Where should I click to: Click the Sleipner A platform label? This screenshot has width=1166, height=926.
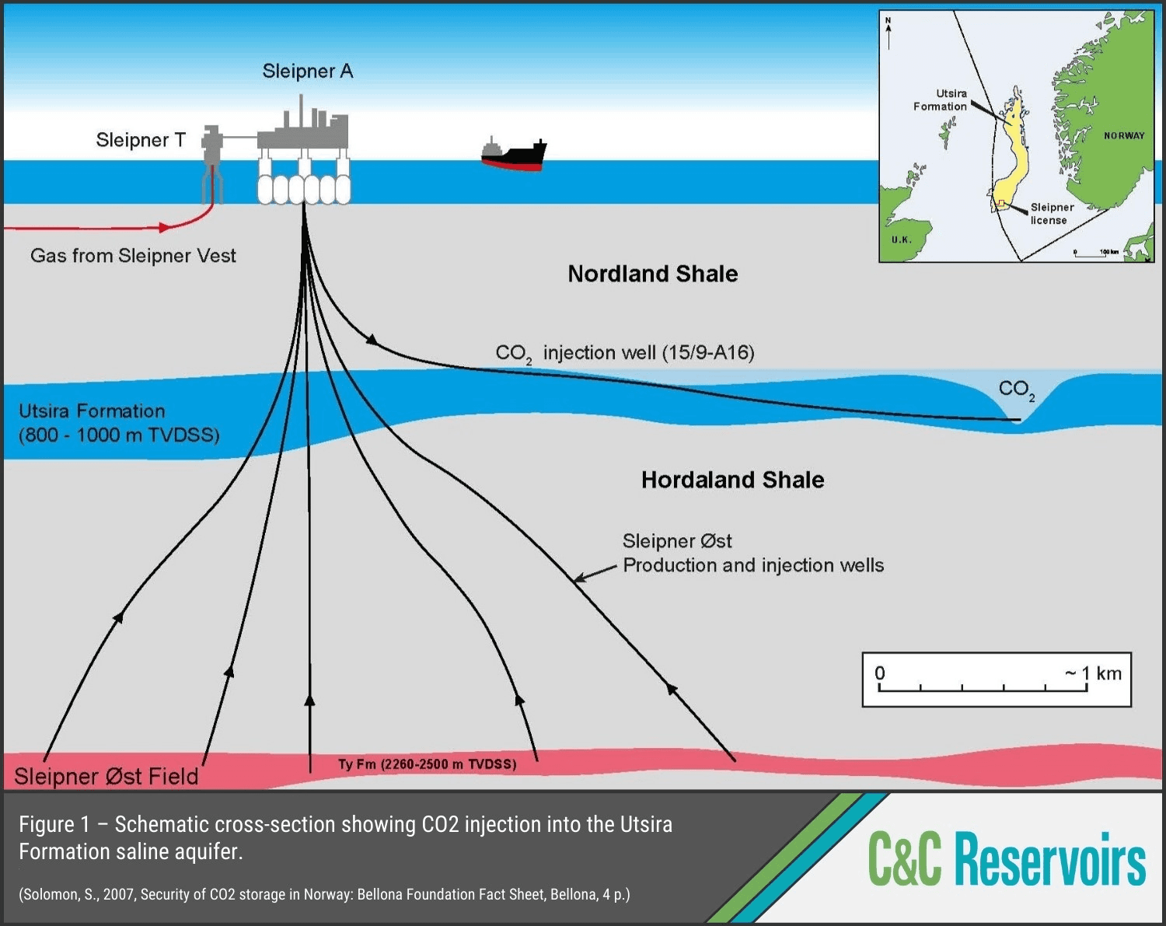[x=308, y=72]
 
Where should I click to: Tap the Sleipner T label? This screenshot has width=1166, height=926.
[x=141, y=140]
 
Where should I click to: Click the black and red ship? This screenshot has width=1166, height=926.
[x=513, y=155]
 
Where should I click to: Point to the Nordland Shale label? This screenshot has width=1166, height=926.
[x=652, y=274]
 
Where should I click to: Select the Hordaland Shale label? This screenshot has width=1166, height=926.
[x=732, y=480]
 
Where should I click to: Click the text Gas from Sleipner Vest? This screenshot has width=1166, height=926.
[x=133, y=256]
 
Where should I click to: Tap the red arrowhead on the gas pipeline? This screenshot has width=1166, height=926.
[x=163, y=228]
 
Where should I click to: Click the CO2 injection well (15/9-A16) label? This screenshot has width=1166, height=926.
[x=625, y=353]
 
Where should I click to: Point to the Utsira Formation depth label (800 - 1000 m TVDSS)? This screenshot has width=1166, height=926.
[x=119, y=435]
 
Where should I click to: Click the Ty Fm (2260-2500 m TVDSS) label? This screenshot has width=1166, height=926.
[x=427, y=764]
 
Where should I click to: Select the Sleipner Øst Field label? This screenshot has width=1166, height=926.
[x=106, y=776]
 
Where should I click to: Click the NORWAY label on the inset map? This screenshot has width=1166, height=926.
[x=1124, y=136]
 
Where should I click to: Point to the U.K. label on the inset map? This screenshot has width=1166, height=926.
[x=902, y=239]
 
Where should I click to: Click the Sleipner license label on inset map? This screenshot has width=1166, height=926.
[x=1051, y=214]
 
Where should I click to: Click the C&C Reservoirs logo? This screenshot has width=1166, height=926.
[x=1007, y=859]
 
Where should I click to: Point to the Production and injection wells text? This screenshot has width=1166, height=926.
[x=752, y=565]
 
